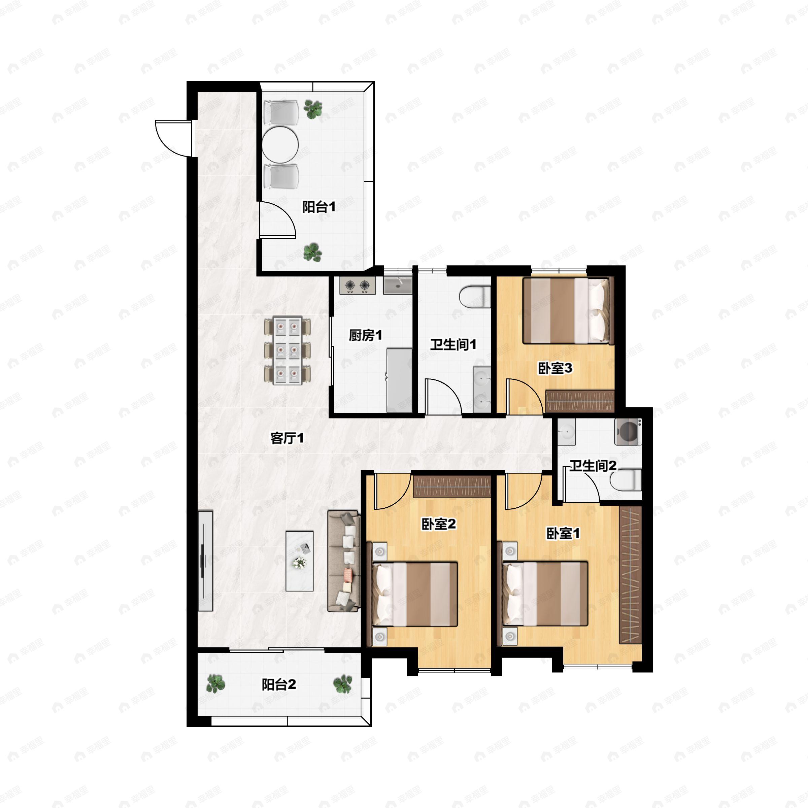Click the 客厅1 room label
tap(287, 438)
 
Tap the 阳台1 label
tap(319, 207)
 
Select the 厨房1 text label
tap(366, 335)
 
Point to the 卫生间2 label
tap(593, 466)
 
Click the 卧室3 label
tap(555, 368)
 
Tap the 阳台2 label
tap(279, 685)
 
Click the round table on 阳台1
tap(280, 145)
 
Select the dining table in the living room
tap(288, 350)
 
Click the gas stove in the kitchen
tap(358, 285)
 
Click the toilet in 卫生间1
tap(475, 297)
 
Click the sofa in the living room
tap(343, 561)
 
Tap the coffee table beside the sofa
tap(299, 561)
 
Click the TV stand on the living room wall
tap(205, 561)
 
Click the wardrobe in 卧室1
tap(630, 575)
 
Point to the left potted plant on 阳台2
tap(216, 683)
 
